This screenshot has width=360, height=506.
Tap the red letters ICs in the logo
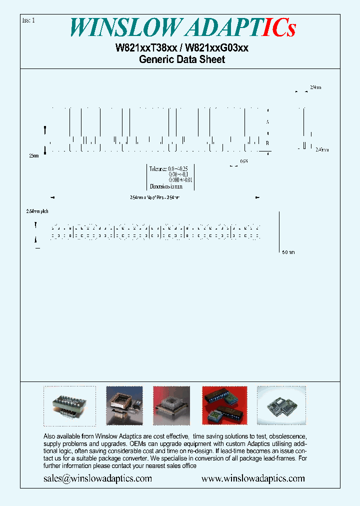(x=278, y=27)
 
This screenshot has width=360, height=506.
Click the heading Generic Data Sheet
(x=182, y=59)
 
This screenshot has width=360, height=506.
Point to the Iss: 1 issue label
(x=29, y=20)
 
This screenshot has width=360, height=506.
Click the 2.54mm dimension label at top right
(x=315, y=87)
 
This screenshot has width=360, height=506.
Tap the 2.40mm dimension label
(x=322, y=149)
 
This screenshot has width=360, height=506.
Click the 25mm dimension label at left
(x=33, y=156)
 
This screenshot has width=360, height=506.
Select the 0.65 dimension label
(x=244, y=161)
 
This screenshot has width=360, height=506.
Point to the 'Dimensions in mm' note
(x=166, y=186)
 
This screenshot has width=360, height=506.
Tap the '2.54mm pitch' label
(x=37, y=211)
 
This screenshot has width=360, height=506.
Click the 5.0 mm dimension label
(x=288, y=252)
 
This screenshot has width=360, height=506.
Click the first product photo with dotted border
(x=69, y=405)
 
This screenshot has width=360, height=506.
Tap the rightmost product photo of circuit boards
(x=281, y=405)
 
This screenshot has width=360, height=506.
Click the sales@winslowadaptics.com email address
(x=98, y=478)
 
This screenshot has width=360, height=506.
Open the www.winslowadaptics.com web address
(x=253, y=478)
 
